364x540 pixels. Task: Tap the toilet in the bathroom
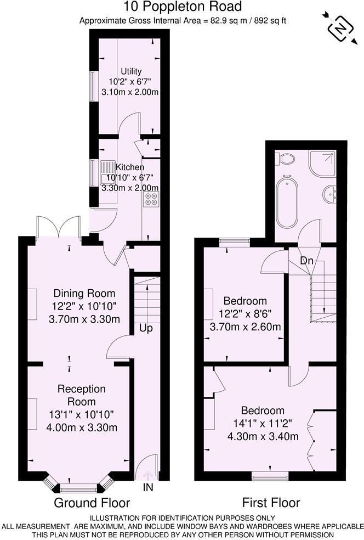(x=285, y=159)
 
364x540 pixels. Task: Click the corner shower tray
(x=322, y=163)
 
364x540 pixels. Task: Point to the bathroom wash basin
(x=330, y=194)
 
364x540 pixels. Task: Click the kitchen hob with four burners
(x=151, y=199)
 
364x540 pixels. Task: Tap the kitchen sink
(x=107, y=172)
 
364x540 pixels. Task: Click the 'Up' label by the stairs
(x=146, y=328)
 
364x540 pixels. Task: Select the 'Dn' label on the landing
(x=306, y=261)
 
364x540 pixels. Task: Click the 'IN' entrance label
(x=148, y=487)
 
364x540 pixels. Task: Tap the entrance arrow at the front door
(x=148, y=475)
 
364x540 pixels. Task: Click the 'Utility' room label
(x=131, y=71)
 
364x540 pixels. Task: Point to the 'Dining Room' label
(x=84, y=294)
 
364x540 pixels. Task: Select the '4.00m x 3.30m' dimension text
(x=82, y=428)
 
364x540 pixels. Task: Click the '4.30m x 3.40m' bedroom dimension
(x=263, y=436)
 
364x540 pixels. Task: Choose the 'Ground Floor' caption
(x=92, y=503)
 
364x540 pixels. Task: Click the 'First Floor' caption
(x=271, y=503)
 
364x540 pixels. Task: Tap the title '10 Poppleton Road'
(x=183, y=6)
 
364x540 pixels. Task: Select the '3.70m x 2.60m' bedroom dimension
(x=245, y=327)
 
